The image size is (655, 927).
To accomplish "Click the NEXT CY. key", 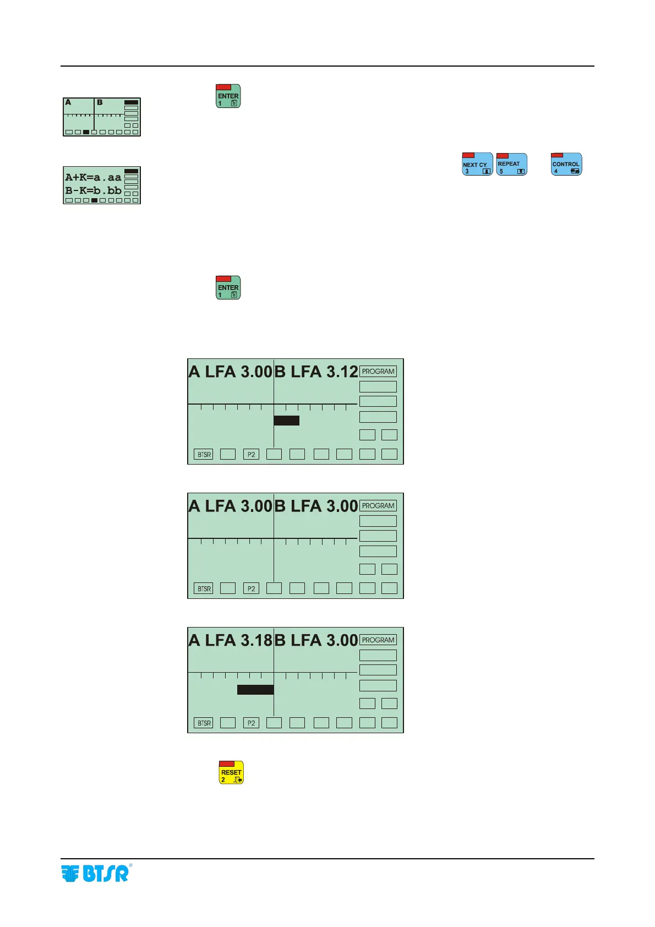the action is click(477, 165).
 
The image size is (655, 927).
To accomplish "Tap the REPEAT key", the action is click(511, 165).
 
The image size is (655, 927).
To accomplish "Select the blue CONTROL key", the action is click(566, 165).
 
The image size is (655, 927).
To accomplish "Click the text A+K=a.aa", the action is click(93, 177).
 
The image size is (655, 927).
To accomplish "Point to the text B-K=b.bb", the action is click(93, 190).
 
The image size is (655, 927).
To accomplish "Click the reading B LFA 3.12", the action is click(316, 372).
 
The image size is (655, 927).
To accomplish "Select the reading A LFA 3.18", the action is click(230, 640).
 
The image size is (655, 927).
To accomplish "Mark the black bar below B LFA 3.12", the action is click(286, 421).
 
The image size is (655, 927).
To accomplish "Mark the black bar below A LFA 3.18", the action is click(255, 690).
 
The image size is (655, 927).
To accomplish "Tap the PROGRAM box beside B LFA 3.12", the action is click(378, 372).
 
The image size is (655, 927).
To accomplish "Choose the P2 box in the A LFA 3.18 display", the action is click(251, 723).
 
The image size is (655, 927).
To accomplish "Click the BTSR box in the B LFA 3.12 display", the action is click(204, 455).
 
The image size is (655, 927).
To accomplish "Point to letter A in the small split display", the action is click(68, 102).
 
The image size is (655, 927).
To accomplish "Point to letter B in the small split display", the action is click(100, 102).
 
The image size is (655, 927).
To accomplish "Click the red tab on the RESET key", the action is click(227, 764).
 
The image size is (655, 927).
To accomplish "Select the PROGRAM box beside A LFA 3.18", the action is click(378, 640).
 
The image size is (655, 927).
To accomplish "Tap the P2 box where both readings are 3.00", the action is click(251, 589).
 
